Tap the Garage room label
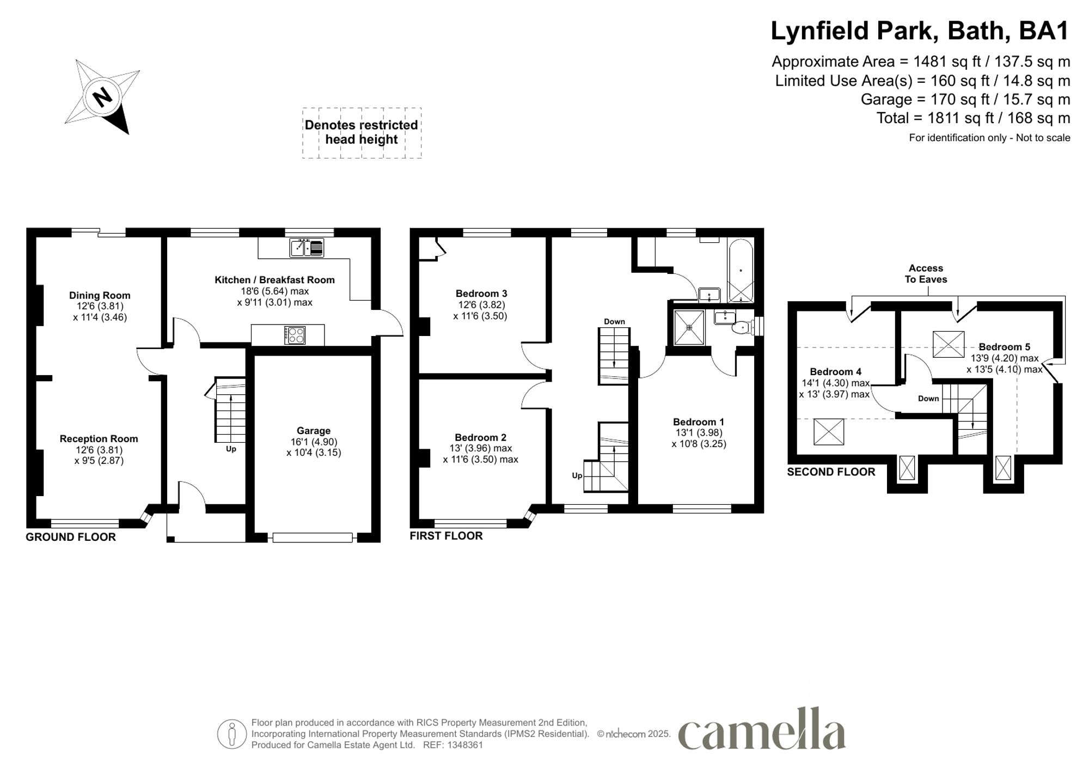pyautogui.click(x=314, y=431)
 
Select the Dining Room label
pyautogui.click(x=100, y=296)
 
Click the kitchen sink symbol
pyautogui.click(x=307, y=248)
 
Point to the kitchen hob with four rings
pyautogui.click(x=295, y=335)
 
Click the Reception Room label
pyautogui.click(x=99, y=439)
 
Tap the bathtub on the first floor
pyautogui.click(x=741, y=271)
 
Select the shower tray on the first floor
pyautogui.click(x=689, y=327)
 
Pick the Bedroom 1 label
pyautogui.click(x=699, y=422)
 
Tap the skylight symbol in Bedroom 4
pyautogui.click(x=828, y=432)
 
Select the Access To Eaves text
pyautogui.click(x=926, y=274)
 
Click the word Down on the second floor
pyautogui.click(x=928, y=399)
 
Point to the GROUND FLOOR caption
pyautogui.click(x=71, y=537)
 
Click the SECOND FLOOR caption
pyautogui.click(x=831, y=472)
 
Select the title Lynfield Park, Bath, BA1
pyautogui.click(x=920, y=31)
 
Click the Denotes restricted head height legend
pyautogui.click(x=362, y=132)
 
